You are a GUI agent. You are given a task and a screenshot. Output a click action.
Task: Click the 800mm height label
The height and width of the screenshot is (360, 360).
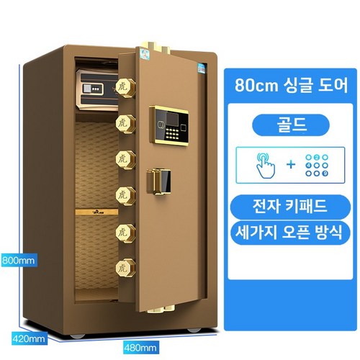point(19,260)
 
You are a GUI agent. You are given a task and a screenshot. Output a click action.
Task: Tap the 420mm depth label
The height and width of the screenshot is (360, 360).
point(29,338)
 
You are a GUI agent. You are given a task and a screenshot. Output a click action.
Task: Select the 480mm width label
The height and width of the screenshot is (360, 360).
point(140,348)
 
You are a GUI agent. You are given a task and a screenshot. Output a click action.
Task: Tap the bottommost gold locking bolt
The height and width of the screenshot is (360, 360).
point(125,269)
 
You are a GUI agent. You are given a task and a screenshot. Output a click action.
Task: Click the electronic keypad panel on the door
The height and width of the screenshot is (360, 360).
point(169,126)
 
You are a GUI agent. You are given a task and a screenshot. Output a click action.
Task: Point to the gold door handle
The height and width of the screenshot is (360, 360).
point(158,181)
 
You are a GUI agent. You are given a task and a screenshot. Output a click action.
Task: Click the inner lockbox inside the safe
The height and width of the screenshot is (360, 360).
point(97,89)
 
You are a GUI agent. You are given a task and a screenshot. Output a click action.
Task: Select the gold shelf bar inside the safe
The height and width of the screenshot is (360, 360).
point(96,212)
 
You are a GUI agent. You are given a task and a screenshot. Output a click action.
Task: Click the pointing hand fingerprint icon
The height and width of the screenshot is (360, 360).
point(266,166)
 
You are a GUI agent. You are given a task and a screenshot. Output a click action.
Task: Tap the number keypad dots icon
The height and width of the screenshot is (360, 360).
point(317,165)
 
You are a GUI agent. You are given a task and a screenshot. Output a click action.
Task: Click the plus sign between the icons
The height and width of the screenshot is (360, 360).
point(291,165)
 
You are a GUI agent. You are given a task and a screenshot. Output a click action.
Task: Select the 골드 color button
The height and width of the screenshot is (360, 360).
point(291,125)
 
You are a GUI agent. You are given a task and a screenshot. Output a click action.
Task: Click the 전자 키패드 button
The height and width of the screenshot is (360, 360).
point(290,207)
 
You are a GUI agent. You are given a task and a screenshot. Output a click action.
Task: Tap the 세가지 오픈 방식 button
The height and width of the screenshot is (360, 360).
point(290,233)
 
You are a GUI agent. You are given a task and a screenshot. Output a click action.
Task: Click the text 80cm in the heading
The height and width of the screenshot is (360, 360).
point(256,85)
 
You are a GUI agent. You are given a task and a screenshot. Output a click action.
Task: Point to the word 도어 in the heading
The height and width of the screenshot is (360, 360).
point(333,85)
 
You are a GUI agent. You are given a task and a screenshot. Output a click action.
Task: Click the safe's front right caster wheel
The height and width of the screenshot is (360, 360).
point(194,330)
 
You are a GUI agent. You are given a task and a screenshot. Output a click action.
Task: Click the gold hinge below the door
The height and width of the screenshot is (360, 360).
point(161,309)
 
